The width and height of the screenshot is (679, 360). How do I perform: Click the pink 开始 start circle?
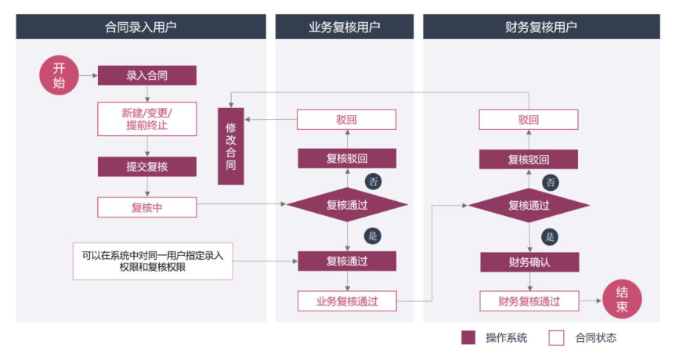59,76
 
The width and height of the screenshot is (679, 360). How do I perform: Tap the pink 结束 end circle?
622,301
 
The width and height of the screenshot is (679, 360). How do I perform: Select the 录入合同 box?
146,76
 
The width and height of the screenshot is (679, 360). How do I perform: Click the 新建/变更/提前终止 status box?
146,118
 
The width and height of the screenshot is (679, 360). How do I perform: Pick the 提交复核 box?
146,167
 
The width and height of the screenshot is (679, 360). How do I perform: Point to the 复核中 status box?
146,207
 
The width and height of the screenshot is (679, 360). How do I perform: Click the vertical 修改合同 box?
230,146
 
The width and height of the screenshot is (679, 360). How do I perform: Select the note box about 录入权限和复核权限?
153,261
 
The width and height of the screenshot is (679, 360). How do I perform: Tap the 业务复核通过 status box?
347,301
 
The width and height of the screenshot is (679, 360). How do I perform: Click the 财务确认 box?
529,261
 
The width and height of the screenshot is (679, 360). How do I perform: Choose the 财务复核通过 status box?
529,301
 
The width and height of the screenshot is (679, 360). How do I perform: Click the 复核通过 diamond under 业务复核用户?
347,206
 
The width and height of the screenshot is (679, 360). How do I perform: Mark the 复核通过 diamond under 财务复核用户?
529,206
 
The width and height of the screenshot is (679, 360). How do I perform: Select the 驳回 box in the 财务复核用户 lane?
529,120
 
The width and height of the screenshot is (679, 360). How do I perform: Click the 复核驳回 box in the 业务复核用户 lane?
347,159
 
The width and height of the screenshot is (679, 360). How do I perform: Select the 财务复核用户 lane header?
541,27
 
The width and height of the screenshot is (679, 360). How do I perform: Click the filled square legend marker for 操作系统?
468,338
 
